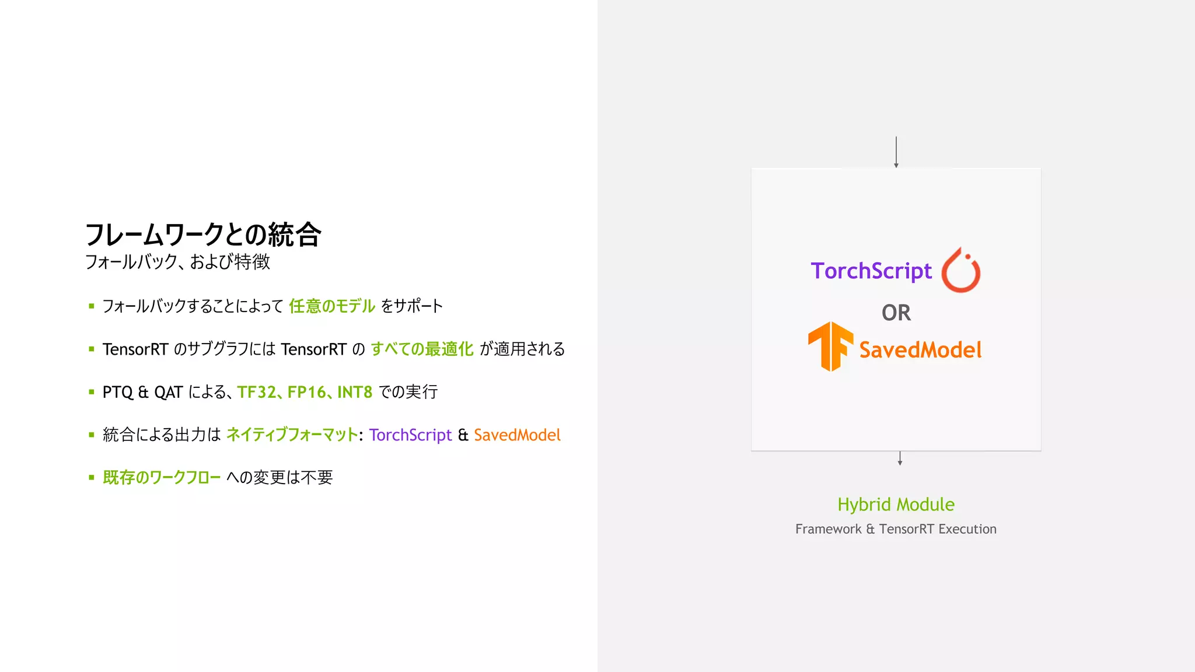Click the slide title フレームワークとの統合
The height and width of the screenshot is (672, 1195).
[203, 235]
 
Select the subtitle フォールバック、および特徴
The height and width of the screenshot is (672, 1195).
[177, 261]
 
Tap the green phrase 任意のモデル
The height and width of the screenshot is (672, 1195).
[332, 306]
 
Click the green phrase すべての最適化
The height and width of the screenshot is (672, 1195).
[422, 349]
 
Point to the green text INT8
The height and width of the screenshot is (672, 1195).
[355, 392]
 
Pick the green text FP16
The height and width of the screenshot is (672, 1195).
[306, 392]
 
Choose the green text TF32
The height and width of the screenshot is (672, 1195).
[256, 392]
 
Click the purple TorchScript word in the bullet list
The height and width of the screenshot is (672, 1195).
[410, 435]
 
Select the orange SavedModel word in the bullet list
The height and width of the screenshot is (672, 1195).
[517, 435]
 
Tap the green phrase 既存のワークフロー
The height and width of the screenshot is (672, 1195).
[162, 478]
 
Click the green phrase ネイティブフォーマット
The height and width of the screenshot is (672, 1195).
[292, 435]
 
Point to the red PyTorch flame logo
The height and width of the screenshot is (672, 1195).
[961, 270]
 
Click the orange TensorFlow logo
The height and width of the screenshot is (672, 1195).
[830, 346]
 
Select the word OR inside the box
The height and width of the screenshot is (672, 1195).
[896, 313]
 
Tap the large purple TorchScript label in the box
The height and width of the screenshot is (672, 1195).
[871, 271]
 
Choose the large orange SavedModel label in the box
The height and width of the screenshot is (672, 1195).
[920, 350]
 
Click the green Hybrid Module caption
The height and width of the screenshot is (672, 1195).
[896, 505]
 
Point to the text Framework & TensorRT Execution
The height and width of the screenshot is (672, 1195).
[896, 529]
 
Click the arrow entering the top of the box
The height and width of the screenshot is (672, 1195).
[896, 152]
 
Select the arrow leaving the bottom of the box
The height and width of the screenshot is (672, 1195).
[900, 458]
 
